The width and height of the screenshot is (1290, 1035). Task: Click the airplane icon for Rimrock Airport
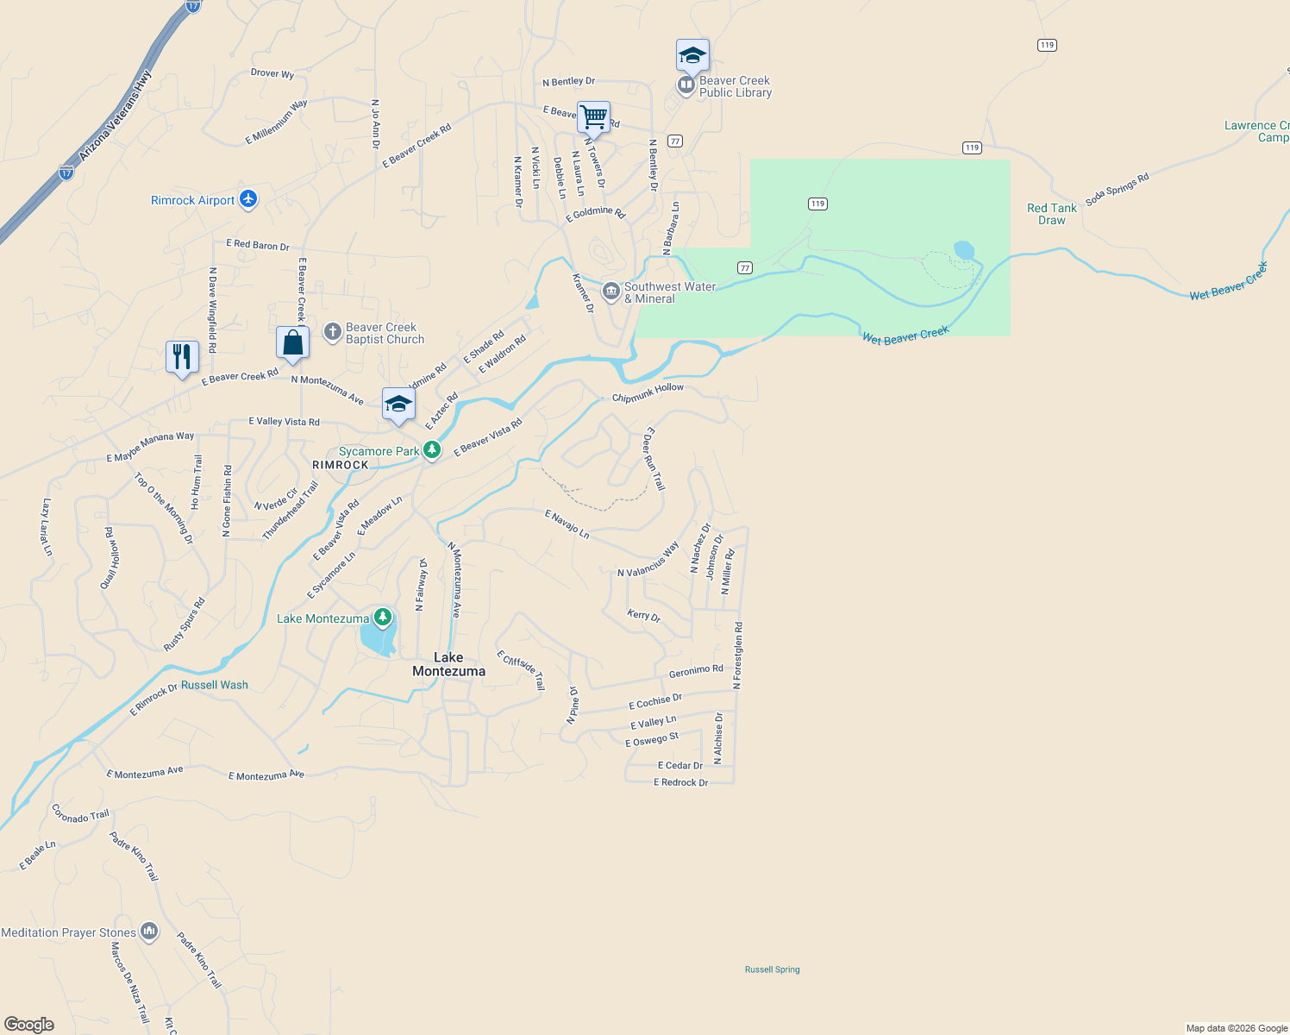coord(248,199)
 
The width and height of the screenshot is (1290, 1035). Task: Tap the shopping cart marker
coord(593,116)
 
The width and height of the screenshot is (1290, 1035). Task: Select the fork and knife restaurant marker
coord(182,356)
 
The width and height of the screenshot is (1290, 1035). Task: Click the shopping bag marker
coord(292,342)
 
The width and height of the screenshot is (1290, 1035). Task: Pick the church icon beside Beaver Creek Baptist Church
coord(333,332)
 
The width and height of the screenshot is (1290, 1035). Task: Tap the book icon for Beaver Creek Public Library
coord(686,85)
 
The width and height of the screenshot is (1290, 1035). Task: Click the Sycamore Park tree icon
coord(432,450)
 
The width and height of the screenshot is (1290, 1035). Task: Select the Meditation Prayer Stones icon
coord(149,931)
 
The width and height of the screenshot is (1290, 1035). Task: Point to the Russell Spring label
coord(772,969)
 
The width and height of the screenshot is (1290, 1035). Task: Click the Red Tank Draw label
coord(1051,214)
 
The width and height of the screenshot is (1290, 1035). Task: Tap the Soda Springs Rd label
coord(1117,190)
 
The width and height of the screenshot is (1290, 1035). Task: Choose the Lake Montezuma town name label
coord(448,664)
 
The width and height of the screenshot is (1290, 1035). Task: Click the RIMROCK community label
coord(341,465)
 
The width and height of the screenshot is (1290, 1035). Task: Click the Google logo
coord(29,1024)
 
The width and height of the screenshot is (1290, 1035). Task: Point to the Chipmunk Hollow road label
coord(648,392)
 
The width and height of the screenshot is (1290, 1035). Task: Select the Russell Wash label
coord(215,685)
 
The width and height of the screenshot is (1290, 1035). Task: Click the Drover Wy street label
coord(272,73)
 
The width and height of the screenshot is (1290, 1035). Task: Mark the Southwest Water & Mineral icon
coord(611,292)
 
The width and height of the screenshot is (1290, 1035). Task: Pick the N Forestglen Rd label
coord(738,655)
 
